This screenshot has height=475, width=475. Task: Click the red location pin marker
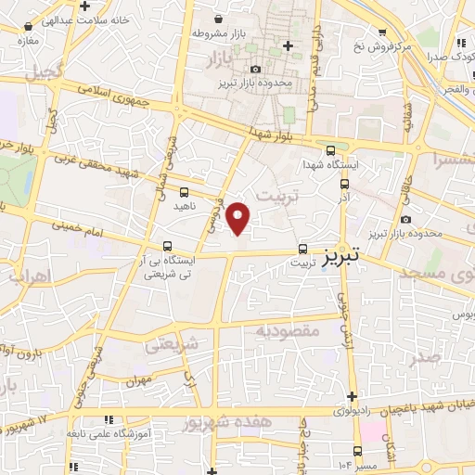[239, 218]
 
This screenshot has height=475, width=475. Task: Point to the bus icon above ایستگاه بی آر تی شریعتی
[166, 247]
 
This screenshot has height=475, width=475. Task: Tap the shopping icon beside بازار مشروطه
[217, 19]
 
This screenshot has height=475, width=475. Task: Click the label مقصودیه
[288, 329]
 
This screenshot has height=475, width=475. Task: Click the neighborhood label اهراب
[26, 275]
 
